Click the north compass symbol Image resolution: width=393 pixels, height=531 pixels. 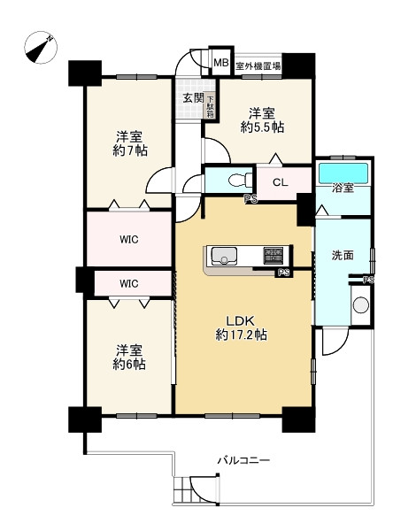(x=41, y=48)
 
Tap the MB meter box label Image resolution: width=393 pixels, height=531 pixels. (x=221, y=63)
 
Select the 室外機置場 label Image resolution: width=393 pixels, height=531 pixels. (x=258, y=65)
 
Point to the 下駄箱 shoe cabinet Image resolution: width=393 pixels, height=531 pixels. (x=211, y=106)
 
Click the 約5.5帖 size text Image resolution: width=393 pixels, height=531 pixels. (x=262, y=127)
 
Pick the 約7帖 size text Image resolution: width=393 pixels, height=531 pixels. (x=130, y=150)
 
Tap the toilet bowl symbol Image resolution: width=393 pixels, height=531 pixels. (x=240, y=180)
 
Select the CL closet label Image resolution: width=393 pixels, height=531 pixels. (x=281, y=182)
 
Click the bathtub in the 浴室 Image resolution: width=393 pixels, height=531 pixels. (x=343, y=173)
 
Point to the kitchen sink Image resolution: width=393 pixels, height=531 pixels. (x=224, y=256)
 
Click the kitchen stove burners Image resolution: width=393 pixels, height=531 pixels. (x=274, y=256)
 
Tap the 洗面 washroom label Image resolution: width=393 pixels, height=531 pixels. (x=343, y=256)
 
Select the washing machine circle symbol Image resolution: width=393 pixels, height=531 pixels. (x=361, y=304)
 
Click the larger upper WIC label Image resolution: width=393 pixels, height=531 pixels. (x=129, y=240)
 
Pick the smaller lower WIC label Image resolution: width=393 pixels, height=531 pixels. (x=129, y=283)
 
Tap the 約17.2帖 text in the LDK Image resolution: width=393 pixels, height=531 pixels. (x=242, y=335)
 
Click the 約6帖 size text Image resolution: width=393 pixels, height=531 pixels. (x=129, y=365)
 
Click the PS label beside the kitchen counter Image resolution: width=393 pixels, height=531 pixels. (x=283, y=273)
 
